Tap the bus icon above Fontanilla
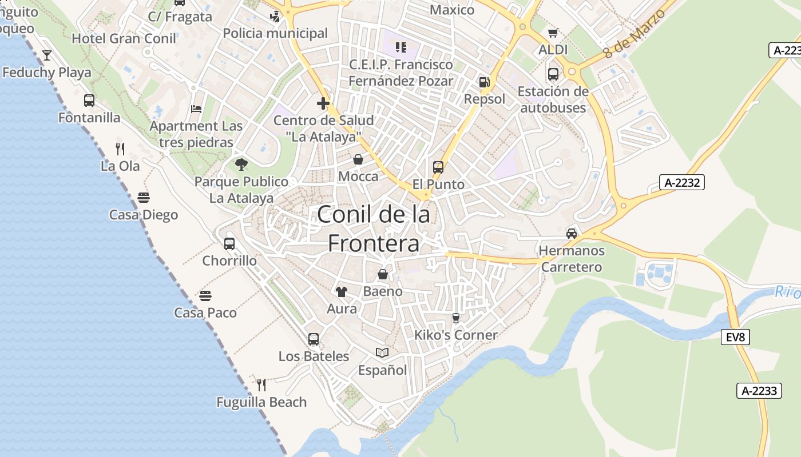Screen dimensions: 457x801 pos(89,101)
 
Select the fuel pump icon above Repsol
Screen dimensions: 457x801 pos(485,82)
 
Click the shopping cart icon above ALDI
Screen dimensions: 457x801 pos(553,33)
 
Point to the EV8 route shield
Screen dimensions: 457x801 pos(735,337)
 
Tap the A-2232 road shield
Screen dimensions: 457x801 pos(682,182)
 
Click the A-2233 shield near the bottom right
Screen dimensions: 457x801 pos(759,391)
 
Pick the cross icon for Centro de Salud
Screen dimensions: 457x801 pos(323,103)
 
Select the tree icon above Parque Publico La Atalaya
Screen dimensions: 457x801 pos(241,165)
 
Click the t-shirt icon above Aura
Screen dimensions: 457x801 pos(342,292)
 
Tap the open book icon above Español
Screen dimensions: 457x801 pos(382,353)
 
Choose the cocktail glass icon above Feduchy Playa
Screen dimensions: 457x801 pos(47,55)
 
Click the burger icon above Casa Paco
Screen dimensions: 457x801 pos(205,296)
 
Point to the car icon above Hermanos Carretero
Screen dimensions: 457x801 pos(571,233)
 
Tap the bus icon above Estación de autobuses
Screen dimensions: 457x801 pos(553,74)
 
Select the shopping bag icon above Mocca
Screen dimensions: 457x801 pos(358,159)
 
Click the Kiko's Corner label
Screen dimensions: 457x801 pos(456,335)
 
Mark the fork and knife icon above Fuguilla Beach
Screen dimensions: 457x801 pos(261,384)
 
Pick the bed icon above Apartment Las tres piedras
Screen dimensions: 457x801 pos(196,109)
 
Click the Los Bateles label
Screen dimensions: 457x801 pos(314,356)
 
